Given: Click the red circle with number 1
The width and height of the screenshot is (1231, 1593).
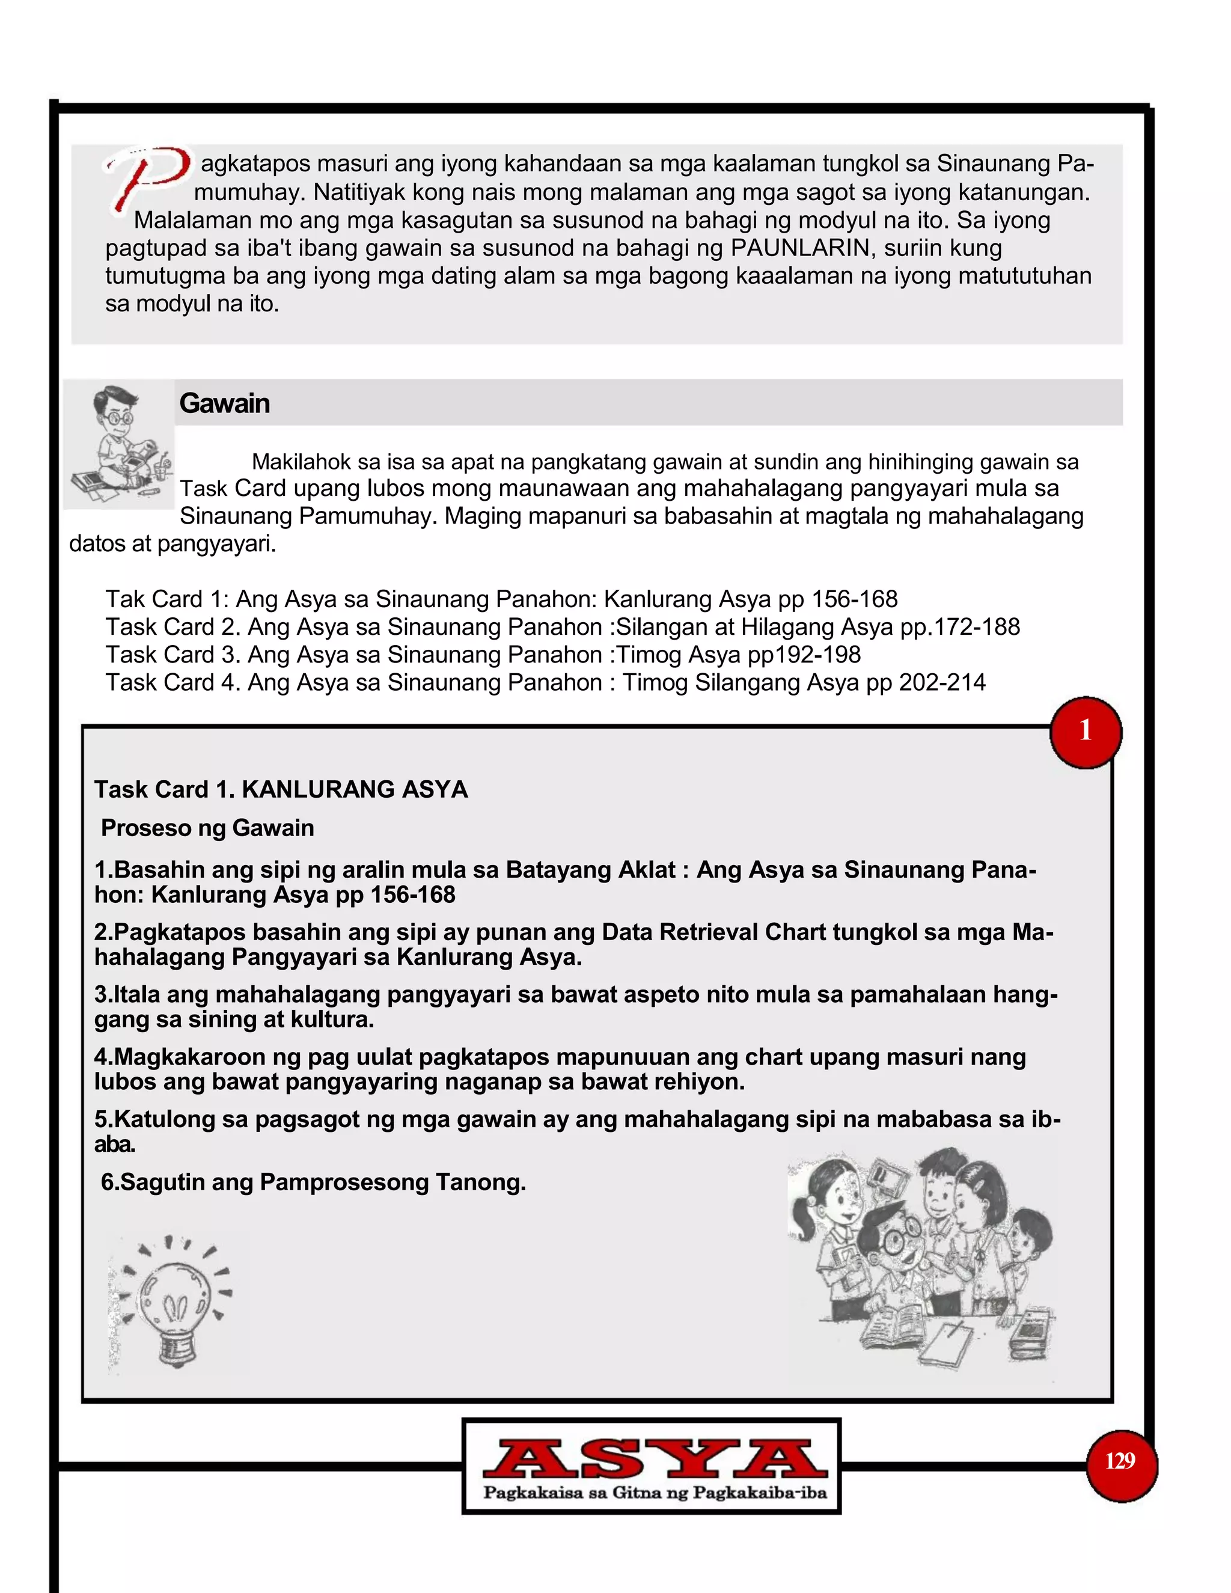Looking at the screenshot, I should tap(1085, 732).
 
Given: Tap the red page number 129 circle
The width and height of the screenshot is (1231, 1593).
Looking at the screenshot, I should tap(1120, 1461).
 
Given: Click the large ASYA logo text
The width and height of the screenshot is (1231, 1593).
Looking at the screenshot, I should tap(654, 1458).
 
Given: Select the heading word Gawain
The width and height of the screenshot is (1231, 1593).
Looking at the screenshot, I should tap(225, 403).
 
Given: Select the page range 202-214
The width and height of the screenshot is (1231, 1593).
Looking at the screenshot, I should tap(942, 682).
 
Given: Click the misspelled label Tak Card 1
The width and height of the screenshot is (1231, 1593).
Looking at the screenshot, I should tap(166, 599).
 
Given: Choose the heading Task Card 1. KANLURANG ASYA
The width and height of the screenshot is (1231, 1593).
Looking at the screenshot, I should tap(281, 789).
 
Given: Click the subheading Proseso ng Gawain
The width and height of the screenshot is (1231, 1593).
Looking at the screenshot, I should tap(208, 828).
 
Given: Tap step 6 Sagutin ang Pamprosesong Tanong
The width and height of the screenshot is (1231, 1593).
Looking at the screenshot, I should tap(314, 1182).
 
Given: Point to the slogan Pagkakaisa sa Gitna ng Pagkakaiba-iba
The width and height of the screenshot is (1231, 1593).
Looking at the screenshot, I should tap(654, 1493).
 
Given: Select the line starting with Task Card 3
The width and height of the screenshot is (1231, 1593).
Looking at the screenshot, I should tap(483, 654).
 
